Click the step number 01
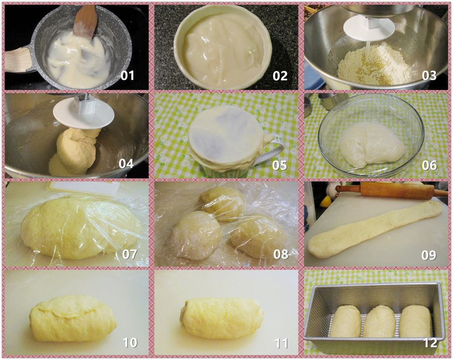(127, 75)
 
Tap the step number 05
(280, 165)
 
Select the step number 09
(429, 255)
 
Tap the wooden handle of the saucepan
(18, 61)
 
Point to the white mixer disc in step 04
(83, 115)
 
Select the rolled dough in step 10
(73, 318)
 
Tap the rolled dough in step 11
(222, 318)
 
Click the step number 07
(130, 254)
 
